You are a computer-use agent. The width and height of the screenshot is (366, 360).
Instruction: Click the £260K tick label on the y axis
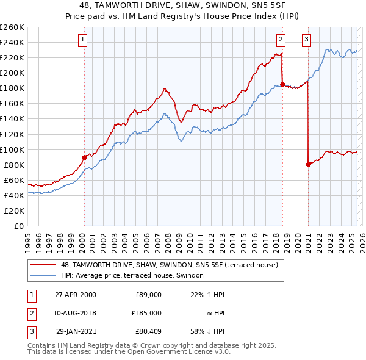[12, 27]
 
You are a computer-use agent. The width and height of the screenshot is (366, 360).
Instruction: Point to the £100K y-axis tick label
[12, 149]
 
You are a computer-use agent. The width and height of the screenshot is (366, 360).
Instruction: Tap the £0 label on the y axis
[19, 226]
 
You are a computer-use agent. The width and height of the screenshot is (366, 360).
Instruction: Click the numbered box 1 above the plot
[82, 40]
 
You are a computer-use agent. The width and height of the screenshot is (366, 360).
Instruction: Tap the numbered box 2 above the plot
[281, 40]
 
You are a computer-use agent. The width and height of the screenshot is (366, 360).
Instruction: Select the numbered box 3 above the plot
[306, 40]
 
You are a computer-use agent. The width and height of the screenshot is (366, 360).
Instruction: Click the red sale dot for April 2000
[84, 157]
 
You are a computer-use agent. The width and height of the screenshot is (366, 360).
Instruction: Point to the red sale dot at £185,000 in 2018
[282, 84]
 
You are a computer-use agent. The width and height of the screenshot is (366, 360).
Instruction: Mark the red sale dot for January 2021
[308, 164]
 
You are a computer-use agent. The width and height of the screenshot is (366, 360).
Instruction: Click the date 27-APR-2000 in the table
[75, 294]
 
